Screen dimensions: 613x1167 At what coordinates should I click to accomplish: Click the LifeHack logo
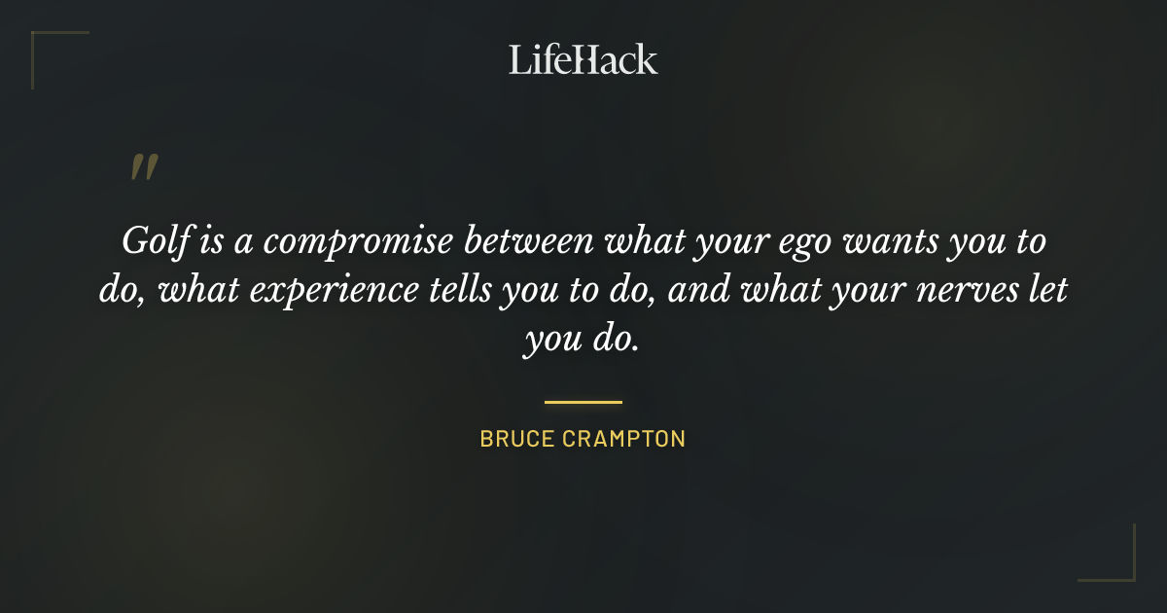[583, 59]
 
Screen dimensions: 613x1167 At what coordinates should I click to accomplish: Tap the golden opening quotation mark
[143, 168]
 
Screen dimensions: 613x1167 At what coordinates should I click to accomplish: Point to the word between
[530, 240]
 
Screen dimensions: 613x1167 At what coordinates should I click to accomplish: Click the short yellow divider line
[583, 401]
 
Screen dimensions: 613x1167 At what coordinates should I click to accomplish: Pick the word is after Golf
[209, 240]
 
